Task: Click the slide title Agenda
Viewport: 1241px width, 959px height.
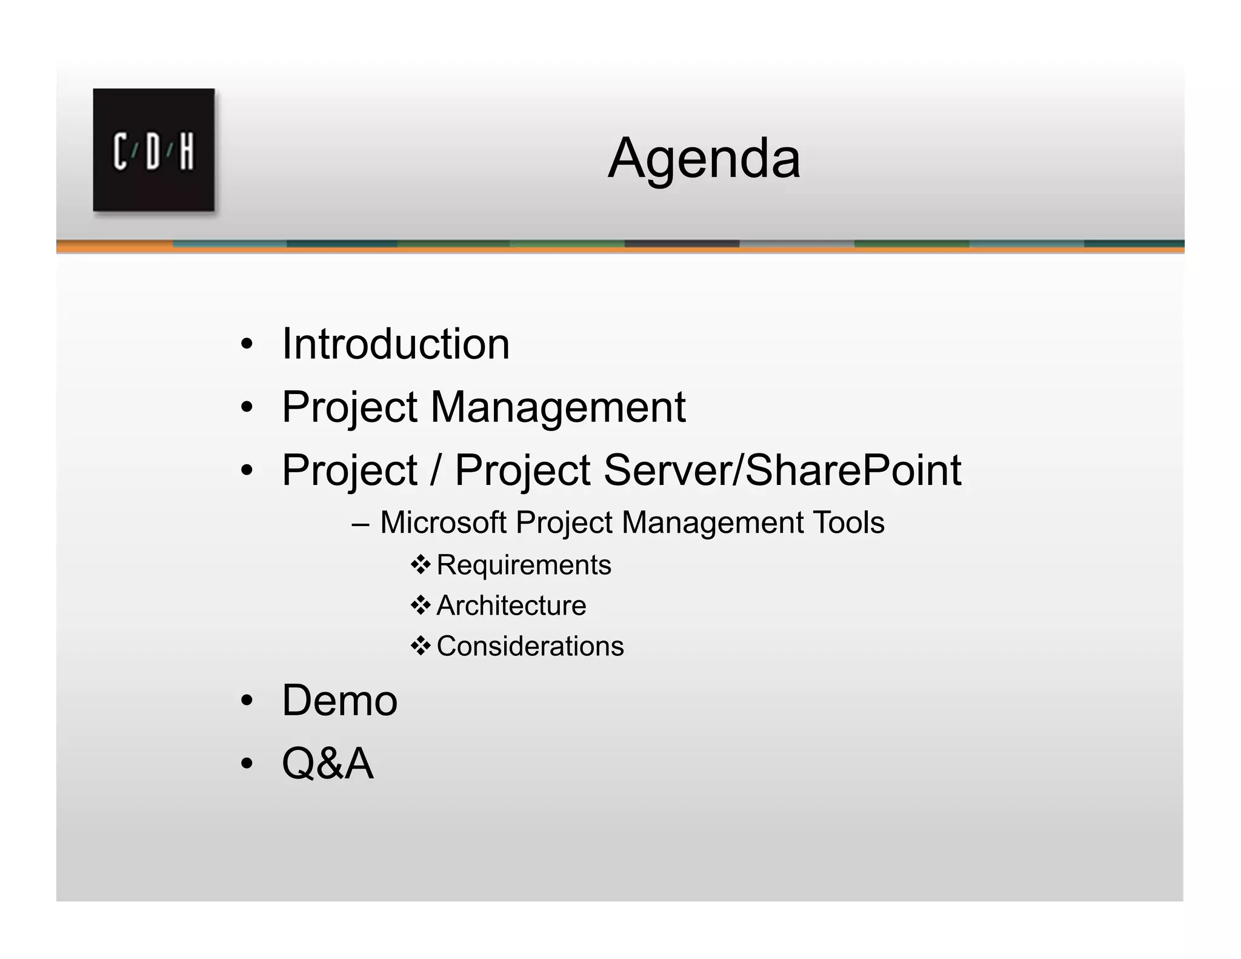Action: pyautogui.click(x=704, y=159)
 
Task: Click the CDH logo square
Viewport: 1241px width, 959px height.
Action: pyautogui.click(x=154, y=150)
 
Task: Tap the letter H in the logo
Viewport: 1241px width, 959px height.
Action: pyautogui.click(x=187, y=152)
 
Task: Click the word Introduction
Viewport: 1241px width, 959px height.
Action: pyautogui.click(x=396, y=344)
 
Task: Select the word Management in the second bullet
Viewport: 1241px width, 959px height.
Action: pyautogui.click(x=557, y=407)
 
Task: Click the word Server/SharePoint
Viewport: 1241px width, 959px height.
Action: pyautogui.click(x=782, y=470)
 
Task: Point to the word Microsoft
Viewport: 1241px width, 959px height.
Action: pyautogui.click(x=443, y=523)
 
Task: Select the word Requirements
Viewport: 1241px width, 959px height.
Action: pyautogui.click(x=524, y=565)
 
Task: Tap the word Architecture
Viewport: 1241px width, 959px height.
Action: pyautogui.click(x=511, y=606)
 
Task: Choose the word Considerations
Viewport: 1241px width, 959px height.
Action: pyautogui.click(x=530, y=646)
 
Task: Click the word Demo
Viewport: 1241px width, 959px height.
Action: pyautogui.click(x=339, y=700)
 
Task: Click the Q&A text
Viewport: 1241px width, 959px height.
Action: pyautogui.click(x=328, y=763)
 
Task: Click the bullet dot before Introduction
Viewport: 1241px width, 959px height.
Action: pyautogui.click(x=246, y=345)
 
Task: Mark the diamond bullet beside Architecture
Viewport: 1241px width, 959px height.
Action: pyautogui.click(x=420, y=605)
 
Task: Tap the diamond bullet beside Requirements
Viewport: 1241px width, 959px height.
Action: pyautogui.click(x=420, y=565)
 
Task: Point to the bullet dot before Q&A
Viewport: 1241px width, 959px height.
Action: pyautogui.click(x=246, y=764)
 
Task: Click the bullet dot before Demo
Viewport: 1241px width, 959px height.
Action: pyautogui.click(x=246, y=701)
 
